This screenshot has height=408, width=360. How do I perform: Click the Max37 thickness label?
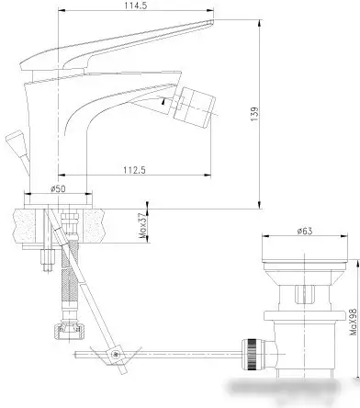click(142, 222)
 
